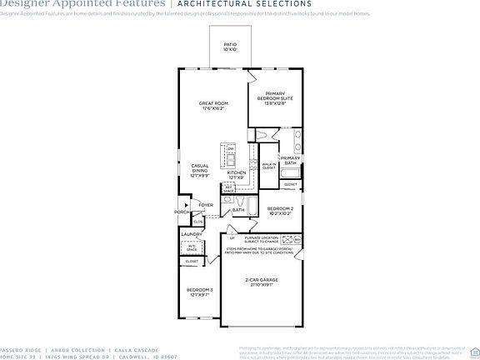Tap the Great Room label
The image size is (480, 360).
click(x=213, y=106)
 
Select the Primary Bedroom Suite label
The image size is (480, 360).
click(x=275, y=98)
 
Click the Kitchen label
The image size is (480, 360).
click(x=237, y=175)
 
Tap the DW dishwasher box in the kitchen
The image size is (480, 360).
click(x=231, y=149)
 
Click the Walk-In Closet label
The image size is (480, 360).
click(x=268, y=166)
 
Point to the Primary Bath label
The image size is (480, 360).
click(x=290, y=160)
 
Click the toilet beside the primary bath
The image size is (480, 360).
click(x=264, y=135)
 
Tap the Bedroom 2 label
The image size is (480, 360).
click(x=279, y=211)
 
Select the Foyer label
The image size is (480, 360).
click(x=205, y=204)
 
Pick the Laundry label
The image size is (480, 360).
click(x=192, y=234)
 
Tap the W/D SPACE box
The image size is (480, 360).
click(x=191, y=247)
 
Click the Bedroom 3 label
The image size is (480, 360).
click(x=199, y=292)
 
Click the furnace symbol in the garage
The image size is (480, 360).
click(x=287, y=239)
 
